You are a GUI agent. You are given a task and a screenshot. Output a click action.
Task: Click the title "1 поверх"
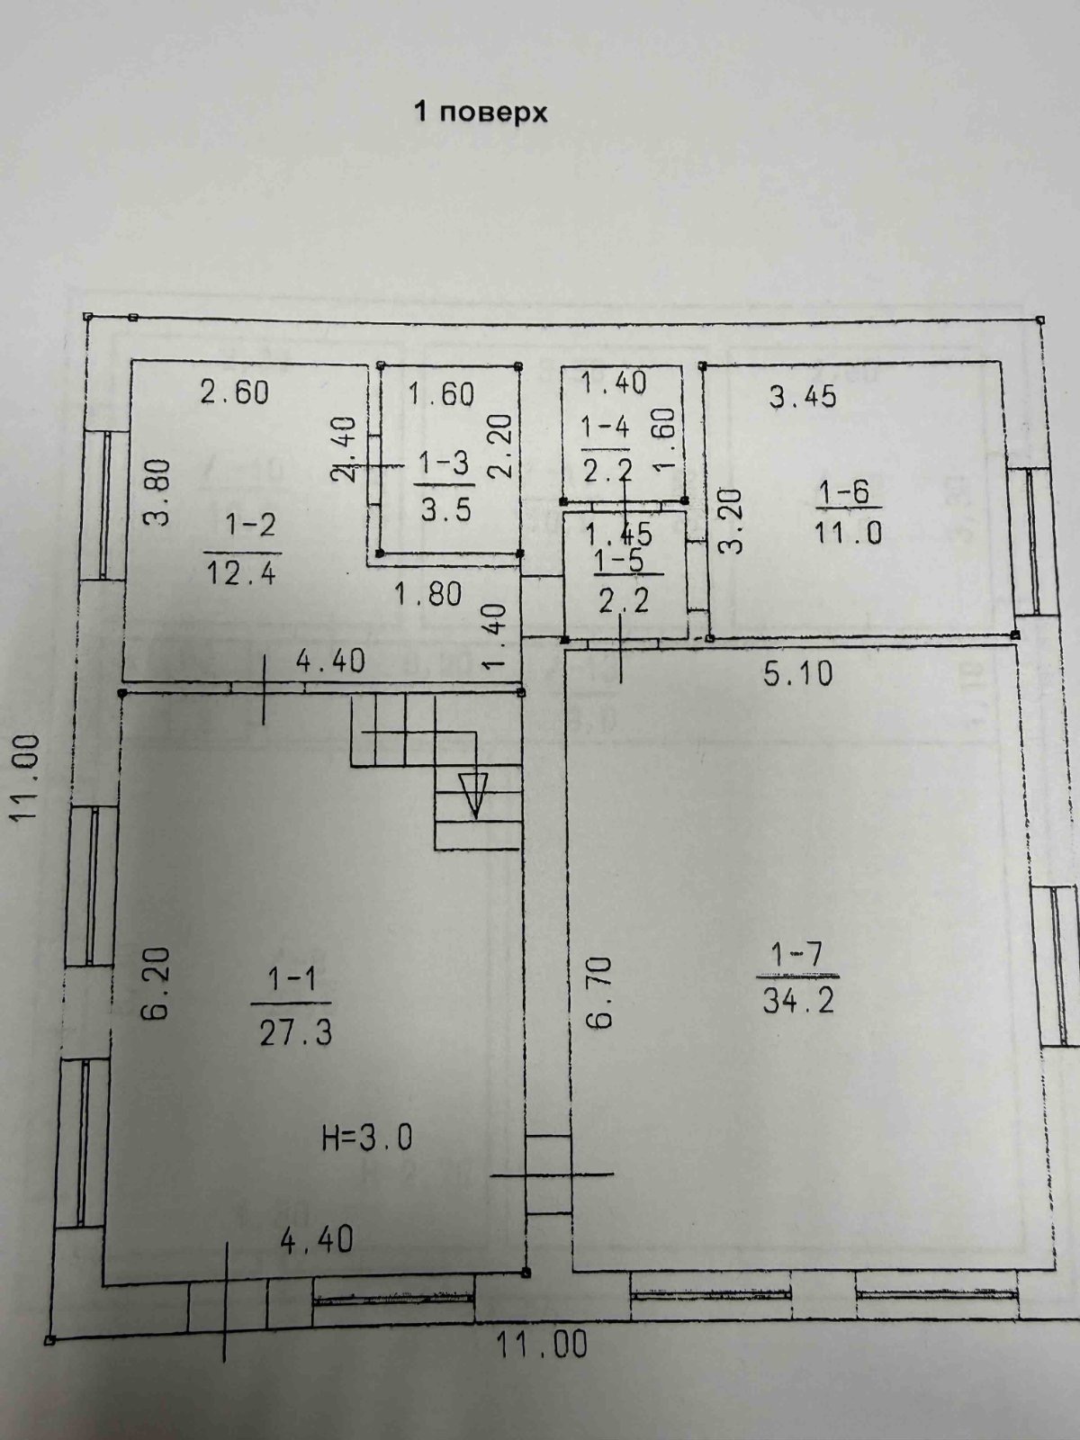tap(481, 113)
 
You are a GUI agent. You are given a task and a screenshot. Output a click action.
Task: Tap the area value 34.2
tap(798, 1001)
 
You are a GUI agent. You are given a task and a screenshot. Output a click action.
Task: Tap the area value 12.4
tap(242, 572)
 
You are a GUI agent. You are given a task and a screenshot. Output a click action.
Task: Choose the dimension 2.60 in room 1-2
tap(234, 393)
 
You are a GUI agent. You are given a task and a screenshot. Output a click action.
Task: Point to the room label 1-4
tap(605, 427)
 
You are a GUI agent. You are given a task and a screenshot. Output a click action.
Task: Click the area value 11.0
tap(849, 533)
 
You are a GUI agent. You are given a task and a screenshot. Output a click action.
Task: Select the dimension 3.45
tap(803, 397)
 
